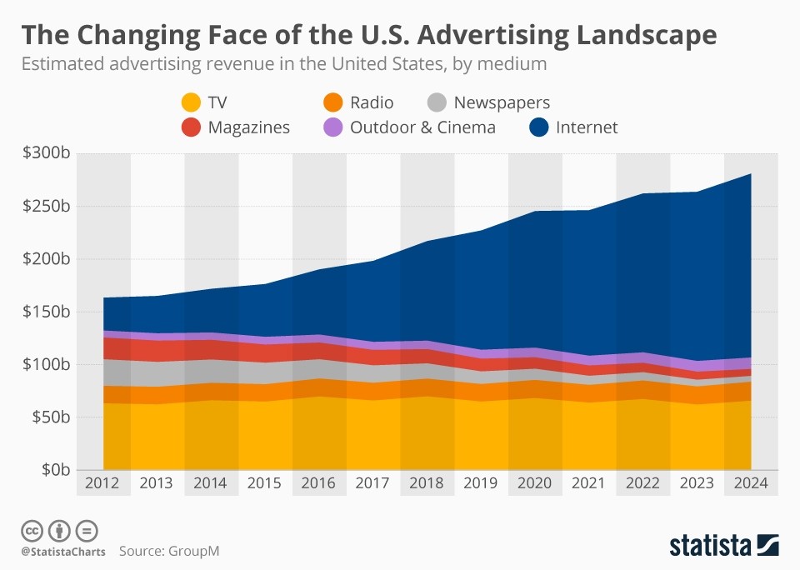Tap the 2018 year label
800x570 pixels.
pos(427,482)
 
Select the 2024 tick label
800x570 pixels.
pos(751,482)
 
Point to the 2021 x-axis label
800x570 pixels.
pos(589,482)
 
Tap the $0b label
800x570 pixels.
pos(55,469)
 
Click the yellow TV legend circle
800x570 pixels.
pos(192,103)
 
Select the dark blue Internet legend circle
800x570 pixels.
pos(540,127)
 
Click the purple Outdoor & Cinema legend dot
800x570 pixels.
pos(333,127)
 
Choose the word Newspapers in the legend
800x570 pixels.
pos(502,103)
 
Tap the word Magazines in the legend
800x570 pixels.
pos(249,127)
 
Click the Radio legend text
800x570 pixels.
pos(372,103)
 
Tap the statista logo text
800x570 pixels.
pos(710,547)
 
